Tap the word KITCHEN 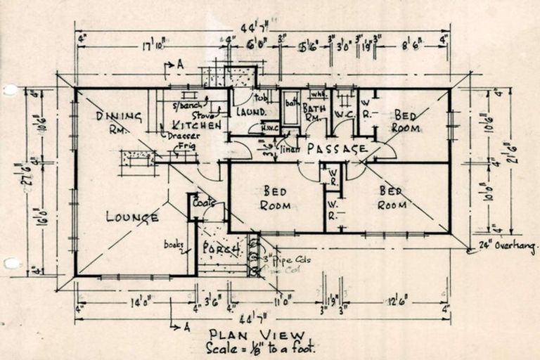point(197,125)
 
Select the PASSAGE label point(337,148)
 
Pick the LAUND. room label point(250,112)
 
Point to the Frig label point(186,146)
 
